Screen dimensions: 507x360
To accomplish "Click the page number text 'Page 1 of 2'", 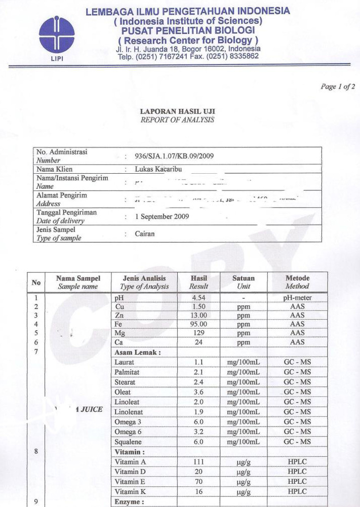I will click(338, 87).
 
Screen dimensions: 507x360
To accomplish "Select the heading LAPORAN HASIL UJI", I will click(177, 111).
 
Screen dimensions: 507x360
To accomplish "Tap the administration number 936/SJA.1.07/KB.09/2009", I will click(174, 156).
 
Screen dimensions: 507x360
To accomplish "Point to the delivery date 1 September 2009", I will click(162, 216).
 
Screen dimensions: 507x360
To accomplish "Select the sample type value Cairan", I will click(145, 234).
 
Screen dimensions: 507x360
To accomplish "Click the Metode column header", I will click(297, 278).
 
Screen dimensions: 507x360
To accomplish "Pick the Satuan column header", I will click(243, 278).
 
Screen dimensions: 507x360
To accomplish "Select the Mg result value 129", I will click(198, 333).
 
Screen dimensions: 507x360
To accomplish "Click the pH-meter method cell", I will click(297, 298).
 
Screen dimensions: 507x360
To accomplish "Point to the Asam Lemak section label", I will click(138, 353).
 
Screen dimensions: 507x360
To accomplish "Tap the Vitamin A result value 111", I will click(198, 462).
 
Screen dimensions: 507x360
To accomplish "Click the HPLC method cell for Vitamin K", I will click(297, 491).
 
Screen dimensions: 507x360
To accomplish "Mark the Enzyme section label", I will click(131, 502).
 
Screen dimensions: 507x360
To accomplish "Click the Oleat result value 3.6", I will click(198, 392).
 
